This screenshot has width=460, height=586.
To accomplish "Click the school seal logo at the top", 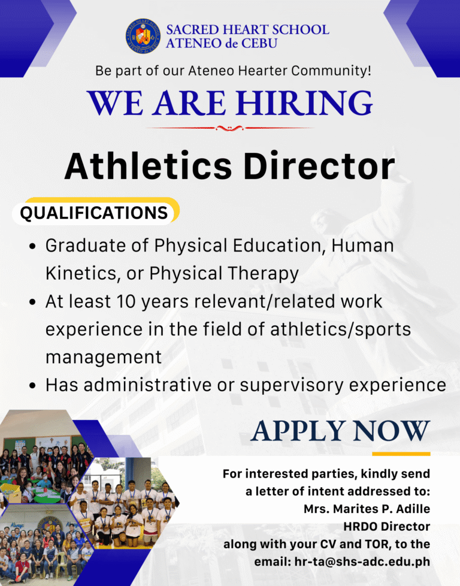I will point(143,35).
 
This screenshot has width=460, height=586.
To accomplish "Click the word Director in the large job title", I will point(317,165).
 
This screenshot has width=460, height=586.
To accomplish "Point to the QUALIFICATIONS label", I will point(94,213).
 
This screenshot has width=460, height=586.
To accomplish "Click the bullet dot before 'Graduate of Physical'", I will point(34,246).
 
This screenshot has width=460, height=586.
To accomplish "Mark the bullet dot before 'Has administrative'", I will point(34,385).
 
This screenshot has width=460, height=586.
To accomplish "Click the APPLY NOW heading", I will point(341,430).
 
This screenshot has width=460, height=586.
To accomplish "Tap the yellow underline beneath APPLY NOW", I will point(401,454).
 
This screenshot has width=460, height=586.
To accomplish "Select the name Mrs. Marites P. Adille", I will point(364,509).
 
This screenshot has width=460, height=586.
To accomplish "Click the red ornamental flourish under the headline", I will point(229,128).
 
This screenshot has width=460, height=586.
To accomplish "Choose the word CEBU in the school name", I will point(259,43).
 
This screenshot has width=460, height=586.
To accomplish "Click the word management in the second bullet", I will point(103,357).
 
